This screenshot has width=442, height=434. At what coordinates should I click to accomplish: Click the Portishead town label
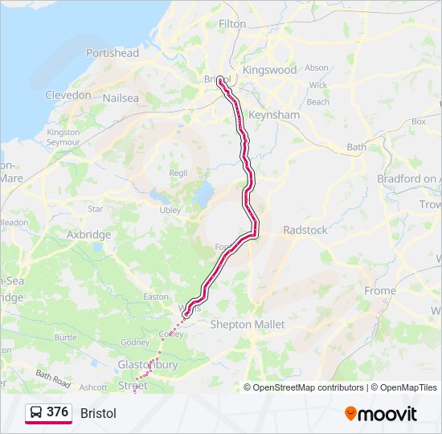113,53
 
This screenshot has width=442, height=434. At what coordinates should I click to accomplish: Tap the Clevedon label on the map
68,95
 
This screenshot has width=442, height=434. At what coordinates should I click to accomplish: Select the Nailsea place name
121,98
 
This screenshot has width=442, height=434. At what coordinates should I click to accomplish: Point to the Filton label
232,24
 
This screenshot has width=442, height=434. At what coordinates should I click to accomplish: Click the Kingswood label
269,70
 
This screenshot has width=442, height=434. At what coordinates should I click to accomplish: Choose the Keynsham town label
274,115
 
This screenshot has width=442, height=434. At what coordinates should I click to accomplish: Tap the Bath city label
356,147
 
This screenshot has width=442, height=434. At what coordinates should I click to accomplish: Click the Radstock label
305,230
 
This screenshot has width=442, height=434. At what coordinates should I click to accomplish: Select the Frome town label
380,290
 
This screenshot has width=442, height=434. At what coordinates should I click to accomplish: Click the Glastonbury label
147,364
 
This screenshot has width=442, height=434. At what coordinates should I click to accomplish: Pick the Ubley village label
170,210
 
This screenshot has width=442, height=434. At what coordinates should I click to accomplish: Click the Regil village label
178,173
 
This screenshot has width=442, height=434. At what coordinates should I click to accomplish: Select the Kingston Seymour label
63,137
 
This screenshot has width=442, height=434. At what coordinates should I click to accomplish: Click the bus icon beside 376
35,413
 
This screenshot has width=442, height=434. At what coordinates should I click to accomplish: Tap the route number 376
57,412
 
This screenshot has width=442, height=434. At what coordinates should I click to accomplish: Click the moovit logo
381,414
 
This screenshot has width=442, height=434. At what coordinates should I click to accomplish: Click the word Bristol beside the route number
98,413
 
